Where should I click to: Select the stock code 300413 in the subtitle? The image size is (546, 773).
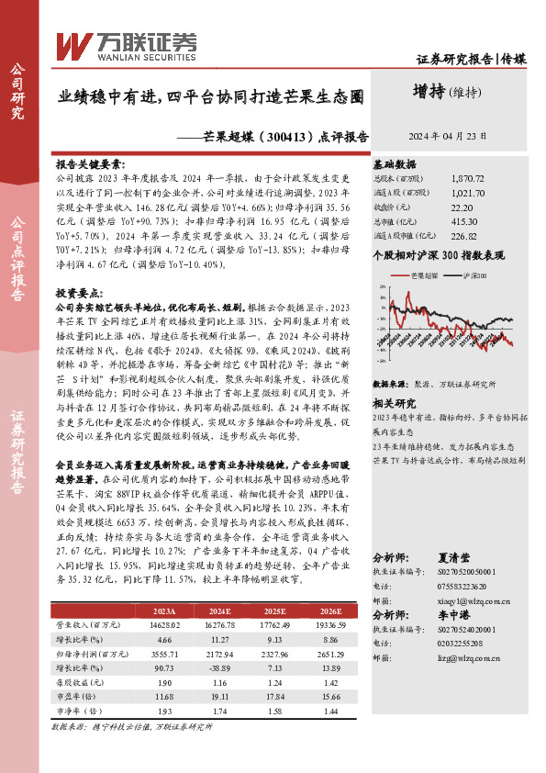point(277,135)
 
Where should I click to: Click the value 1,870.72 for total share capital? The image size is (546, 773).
point(468,180)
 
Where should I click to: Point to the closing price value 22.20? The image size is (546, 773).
point(462,207)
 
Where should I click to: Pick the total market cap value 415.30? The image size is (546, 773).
point(465,221)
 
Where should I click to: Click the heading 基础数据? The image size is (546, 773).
point(394,162)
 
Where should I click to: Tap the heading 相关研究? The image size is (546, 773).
point(394,402)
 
